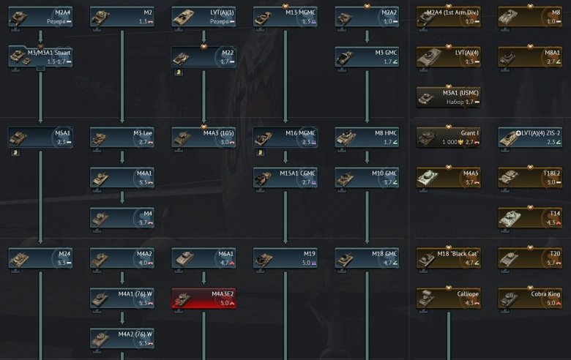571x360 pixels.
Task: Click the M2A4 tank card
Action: point(40,17)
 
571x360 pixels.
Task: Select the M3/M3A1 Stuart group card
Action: point(40,56)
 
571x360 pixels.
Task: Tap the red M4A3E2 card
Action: point(204,298)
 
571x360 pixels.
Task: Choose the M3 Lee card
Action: point(122,137)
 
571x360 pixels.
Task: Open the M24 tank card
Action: point(40,258)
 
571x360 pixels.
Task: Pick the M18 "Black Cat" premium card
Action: point(449,258)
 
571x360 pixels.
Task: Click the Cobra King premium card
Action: point(530,298)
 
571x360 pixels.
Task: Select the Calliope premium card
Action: point(449,298)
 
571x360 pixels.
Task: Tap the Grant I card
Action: point(449,137)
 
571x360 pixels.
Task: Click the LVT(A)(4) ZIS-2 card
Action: point(530,137)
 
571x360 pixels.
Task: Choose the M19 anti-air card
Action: point(285,258)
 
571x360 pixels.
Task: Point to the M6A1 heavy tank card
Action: point(204,258)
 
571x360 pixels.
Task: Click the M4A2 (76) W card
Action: point(122,338)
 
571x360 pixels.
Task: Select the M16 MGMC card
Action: point(285,137)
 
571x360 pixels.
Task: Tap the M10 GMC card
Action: point(367,177)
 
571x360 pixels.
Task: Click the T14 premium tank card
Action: point(530,217)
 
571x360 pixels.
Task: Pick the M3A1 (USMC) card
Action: point(449,97)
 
